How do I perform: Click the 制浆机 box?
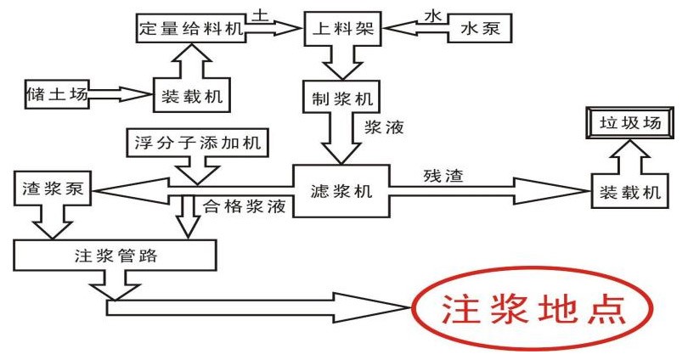coord(337,98)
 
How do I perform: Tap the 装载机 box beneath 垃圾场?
coord(627,193)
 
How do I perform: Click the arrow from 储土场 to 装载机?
coord(119,92)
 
